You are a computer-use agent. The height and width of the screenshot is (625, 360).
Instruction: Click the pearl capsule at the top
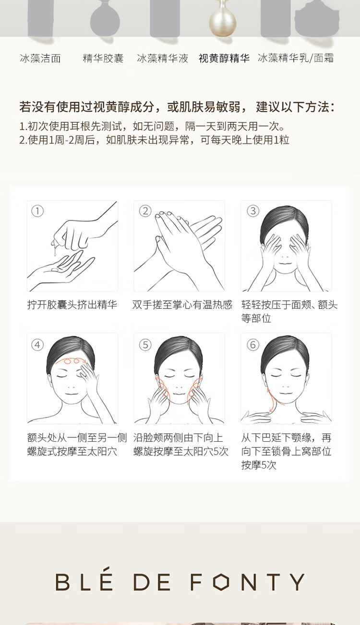click(x=223, y=21)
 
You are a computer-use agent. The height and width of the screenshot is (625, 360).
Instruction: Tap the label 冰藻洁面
click(x=40, y=59)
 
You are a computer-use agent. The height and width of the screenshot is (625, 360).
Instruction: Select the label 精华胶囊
click(x=103, y=59)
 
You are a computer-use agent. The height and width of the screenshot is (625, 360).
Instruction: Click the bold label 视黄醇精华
click(x=224, y=59)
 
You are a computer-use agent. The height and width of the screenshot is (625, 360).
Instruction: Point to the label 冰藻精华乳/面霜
click(x=296, y=58)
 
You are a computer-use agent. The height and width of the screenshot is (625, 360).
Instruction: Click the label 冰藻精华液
click(x=162, y=59)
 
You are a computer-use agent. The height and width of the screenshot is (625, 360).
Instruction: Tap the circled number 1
click(x=37, y=211)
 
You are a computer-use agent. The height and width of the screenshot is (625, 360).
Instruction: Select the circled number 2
click(x=145, y=211)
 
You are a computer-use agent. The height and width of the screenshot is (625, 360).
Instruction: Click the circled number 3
click(x=253, y=211)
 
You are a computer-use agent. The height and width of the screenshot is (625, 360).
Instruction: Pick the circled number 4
click(x=37, y=345)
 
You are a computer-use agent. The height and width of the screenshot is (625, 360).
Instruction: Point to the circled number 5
click(x=145, y=345)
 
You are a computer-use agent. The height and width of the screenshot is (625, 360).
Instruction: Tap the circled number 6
click(x=253, y=345)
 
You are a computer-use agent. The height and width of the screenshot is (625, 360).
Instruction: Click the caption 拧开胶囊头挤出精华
click(x=72, y=305)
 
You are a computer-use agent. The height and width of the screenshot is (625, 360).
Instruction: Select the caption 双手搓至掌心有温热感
click(x=182, y=305)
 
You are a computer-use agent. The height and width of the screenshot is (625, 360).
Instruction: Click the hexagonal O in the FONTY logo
click(x=221, y=582)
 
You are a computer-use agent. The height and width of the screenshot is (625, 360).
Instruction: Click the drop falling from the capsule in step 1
click(x=55, y=253)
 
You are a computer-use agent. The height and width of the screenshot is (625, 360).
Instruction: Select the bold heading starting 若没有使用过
click(x=177, y=107)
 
